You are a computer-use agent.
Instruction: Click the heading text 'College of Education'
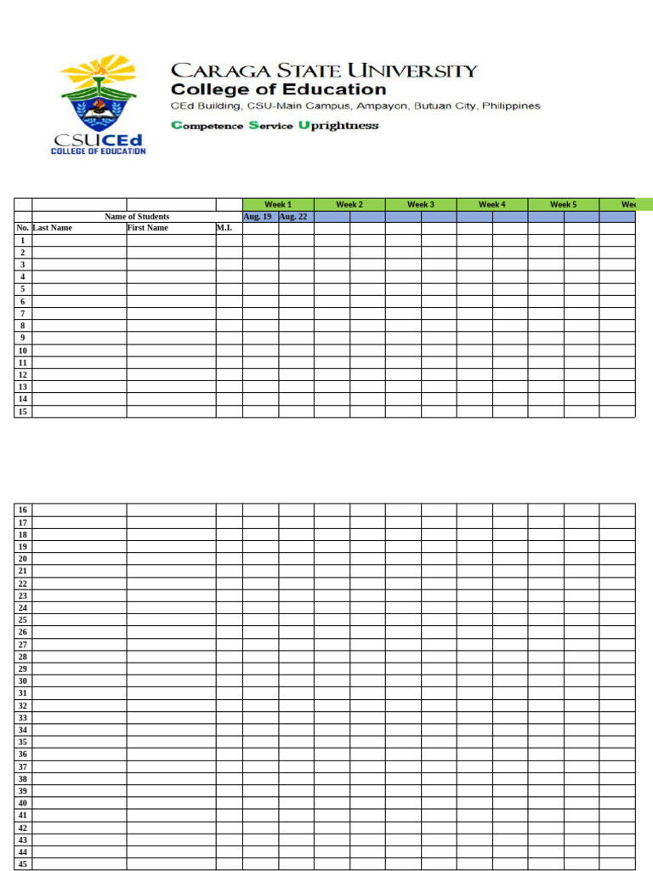[278, 89]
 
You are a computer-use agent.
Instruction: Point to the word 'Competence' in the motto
[207, 126]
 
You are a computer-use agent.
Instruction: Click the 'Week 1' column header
[278, 204]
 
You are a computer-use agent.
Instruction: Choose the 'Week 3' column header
[420, 204]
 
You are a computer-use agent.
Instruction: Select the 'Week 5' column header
[563, 204]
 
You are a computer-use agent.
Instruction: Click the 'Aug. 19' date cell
[259, 217]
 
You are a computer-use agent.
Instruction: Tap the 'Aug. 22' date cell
[295, 217]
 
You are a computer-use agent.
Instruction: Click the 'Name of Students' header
[137, 217]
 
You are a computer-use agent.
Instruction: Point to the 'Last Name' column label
[53, 228]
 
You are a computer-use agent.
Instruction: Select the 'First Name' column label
[148, 228]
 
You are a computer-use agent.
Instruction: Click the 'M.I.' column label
[224, 228]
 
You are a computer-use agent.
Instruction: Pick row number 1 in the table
[23, 241]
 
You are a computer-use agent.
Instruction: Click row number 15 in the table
[23, 412]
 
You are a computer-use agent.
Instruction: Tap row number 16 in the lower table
[23, 510]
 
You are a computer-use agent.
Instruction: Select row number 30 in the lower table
[23, 681]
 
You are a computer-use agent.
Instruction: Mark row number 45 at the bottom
[23, 864]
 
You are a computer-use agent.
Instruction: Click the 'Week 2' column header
[349, 204]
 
